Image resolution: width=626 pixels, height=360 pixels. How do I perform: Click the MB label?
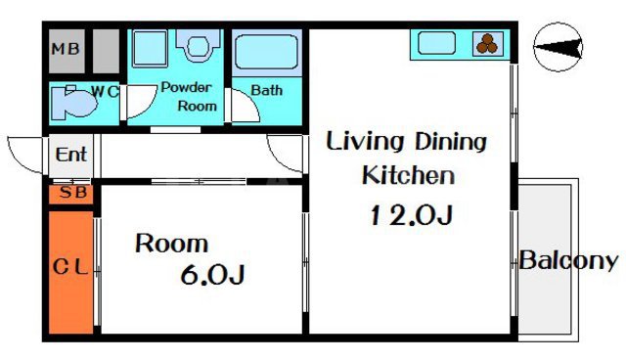click(x=66, y=49)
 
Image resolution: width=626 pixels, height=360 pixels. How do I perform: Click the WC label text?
click(x=105, y=92)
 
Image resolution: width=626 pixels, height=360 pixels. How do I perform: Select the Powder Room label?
click(x=189, y=97)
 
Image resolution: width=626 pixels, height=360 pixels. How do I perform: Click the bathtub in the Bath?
click(x=267, y=52)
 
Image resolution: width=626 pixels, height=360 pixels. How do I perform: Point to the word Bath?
click(x=267, y=90)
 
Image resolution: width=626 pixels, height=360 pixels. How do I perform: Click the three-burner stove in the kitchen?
click(x=487, y=43)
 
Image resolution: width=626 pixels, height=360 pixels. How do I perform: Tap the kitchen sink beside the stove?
click(x=437, y=43)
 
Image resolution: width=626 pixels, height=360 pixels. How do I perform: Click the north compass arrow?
click(x=559, y=47)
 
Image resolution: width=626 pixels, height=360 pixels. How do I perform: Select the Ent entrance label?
click(x=71, y=155)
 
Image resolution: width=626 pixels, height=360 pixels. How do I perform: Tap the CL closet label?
click(x=70, y=267)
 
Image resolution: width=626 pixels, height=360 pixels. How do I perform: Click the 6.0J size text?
click(x=212, y=275)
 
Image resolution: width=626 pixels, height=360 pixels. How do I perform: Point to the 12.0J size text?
click(x=411, y=214)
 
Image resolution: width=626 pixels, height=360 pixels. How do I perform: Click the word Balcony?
click(x=568, y=260)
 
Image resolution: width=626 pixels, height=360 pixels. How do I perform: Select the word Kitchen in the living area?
click(x=408, y=176)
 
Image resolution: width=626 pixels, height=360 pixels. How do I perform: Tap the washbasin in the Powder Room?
click(x=198, y=45)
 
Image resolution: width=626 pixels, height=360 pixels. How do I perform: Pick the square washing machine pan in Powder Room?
click(x=150, y=49)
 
